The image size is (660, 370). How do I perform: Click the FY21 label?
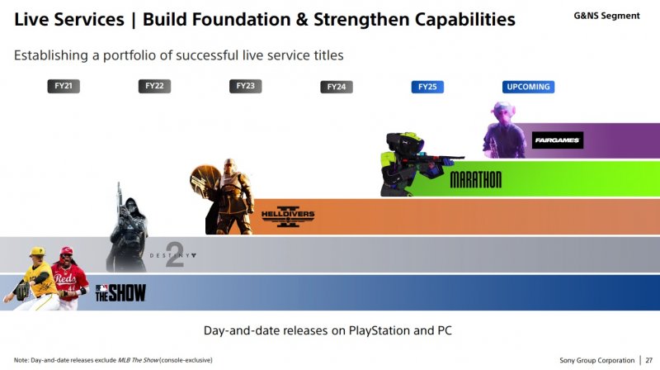64,86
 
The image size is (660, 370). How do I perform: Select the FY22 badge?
155,86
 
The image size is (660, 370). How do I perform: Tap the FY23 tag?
246,86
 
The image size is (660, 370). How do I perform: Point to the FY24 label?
337,86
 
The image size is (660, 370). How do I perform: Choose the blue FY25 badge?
427,86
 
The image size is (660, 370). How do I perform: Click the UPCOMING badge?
528,86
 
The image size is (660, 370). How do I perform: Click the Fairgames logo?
558,140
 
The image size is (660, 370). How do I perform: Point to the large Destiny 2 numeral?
174,255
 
